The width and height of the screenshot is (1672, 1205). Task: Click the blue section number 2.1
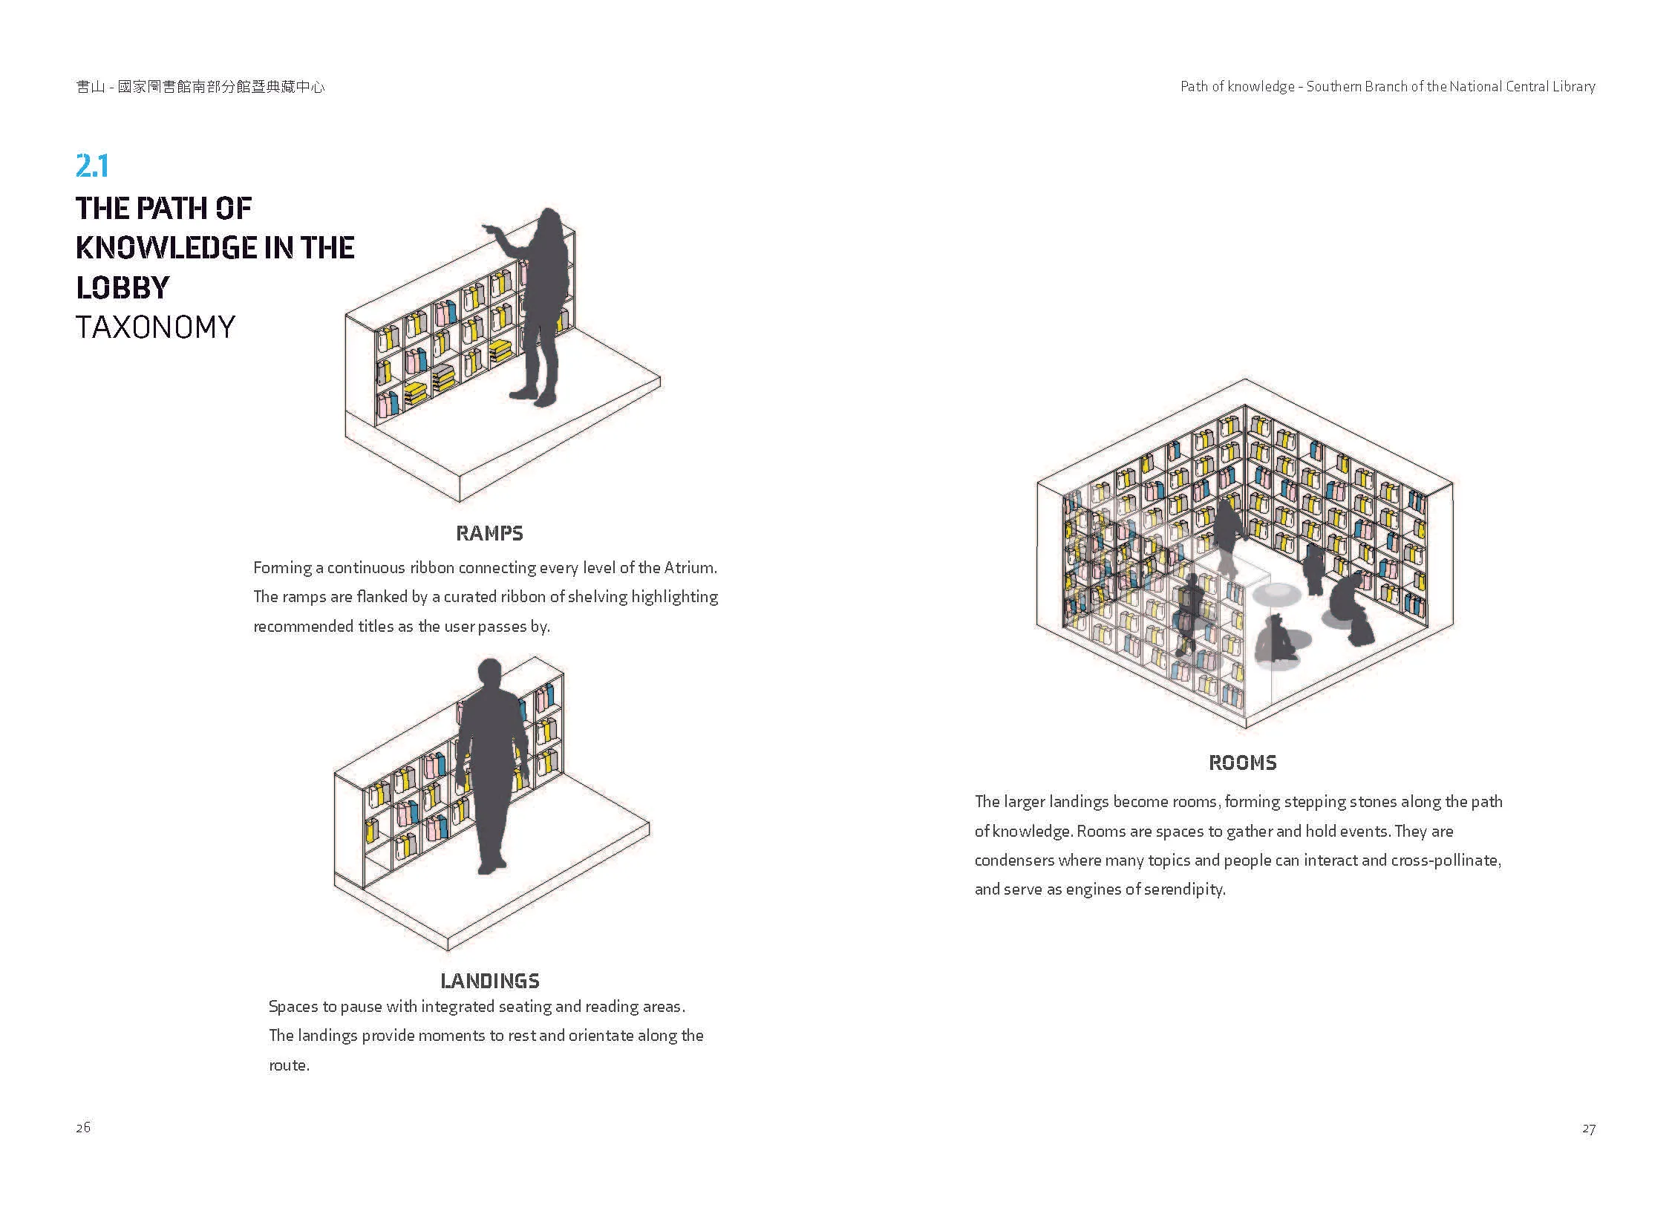click(92, 166)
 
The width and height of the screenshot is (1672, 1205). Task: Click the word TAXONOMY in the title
click(156, 327)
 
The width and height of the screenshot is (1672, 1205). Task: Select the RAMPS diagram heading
click(489, 533)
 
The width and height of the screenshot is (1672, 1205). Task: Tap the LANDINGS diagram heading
click(490, 981)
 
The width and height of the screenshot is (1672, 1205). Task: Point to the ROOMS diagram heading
click(1243, 762)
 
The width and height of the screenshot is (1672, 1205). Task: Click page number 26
click(83, 1127)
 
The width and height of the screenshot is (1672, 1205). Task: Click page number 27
click(1588, 1129)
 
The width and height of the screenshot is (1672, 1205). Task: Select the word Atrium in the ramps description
click(690, 568)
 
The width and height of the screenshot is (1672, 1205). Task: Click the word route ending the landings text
click(288, 1065)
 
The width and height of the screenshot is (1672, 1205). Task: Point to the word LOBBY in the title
click(123, 287)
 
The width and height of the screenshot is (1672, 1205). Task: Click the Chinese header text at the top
click(200, 87)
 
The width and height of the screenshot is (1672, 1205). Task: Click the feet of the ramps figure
click(533, 397)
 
